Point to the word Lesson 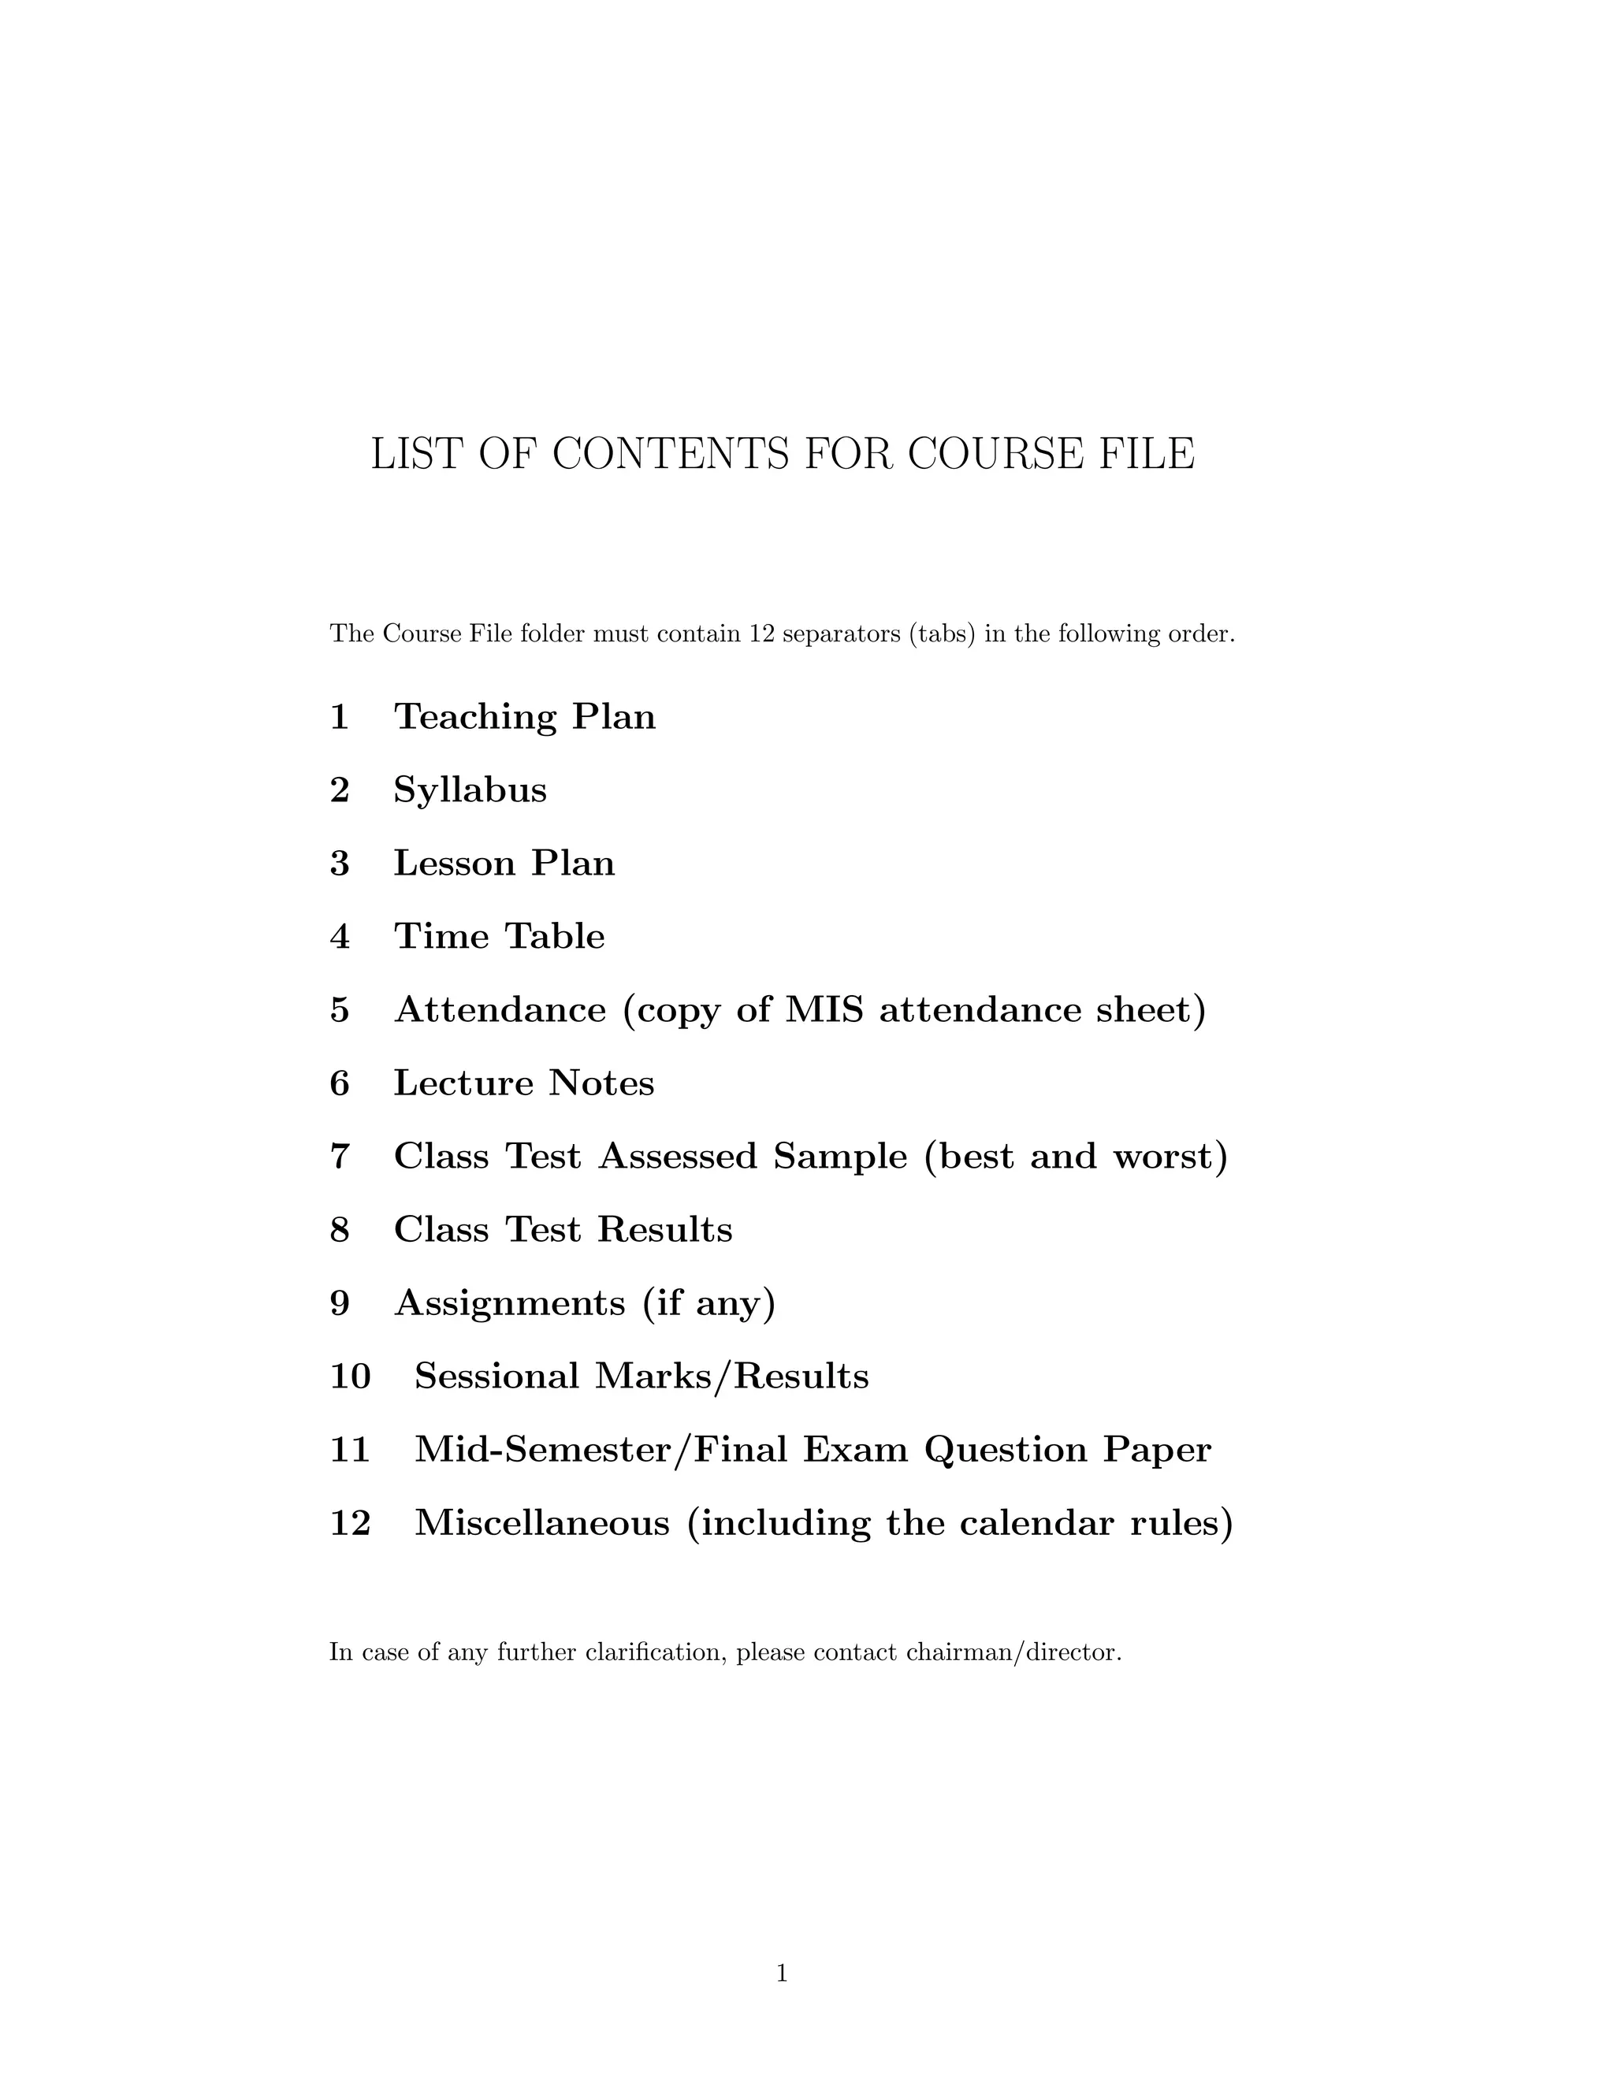point(454,864)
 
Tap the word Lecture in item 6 point(463,1083)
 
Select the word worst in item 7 point(1170,1157)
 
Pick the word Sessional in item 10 point(496,1377)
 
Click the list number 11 point(350,1451)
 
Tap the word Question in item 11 point(1006,1451)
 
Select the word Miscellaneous point(542,1523)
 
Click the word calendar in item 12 point(1036,1523)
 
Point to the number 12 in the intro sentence point(761,633)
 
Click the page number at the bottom point(781,1972)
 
